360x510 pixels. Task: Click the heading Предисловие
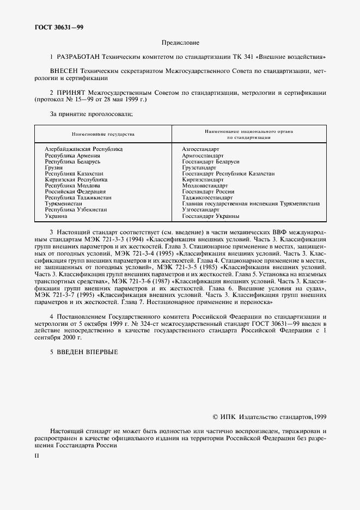click(x=180, y=42)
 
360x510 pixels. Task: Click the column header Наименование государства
click(x=103, y=133)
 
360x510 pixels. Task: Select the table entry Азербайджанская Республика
click(x=83, y=149)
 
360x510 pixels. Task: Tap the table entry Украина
click(x=56, y=216)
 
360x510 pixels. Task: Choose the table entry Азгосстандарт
click(x=200, y=149)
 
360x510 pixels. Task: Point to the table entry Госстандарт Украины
click(x=210, y=216)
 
